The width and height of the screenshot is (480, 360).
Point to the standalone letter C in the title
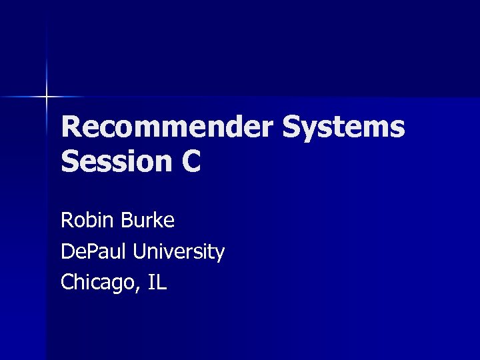click(190, 161)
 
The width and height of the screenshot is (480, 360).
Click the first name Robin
click(85, 220)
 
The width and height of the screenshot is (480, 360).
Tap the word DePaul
click(94, 251)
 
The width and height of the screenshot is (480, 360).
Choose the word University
click(179, 253)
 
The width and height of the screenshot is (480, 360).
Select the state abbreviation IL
click(157, 283)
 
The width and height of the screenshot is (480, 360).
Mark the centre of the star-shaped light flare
click(47, 97)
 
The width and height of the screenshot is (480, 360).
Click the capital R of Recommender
click(71, 127)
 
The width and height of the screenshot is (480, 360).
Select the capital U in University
click(140, 251)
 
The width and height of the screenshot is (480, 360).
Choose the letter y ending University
click(219, 254)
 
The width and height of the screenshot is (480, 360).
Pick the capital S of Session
click(70, 161)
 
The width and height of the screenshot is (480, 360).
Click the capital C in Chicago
click(67, 283)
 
